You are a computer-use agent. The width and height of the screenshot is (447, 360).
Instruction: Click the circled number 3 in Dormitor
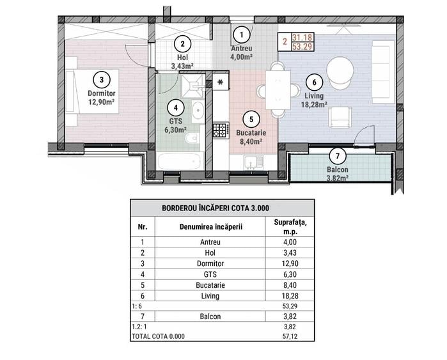click(101, 79)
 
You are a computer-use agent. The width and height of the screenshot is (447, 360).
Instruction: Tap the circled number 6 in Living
click(313, 82)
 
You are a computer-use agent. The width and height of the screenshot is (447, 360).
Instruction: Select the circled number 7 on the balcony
click(337, 157)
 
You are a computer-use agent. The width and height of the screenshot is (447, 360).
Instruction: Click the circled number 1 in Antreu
click(241, 35)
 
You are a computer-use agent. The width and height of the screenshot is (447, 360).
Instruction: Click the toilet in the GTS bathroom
click(191, 139)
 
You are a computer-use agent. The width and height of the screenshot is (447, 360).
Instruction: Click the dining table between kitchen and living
click(278, 90)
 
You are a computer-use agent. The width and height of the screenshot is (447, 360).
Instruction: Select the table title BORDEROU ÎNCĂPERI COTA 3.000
click(222, 208)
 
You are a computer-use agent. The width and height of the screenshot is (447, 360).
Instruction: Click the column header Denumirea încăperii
click(209, 227)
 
